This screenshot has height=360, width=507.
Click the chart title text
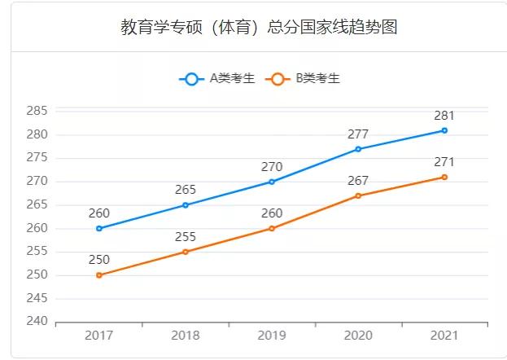click(x=259, y=27)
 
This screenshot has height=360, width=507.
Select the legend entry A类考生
click(x=217, y=79)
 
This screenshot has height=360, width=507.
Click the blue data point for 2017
click(x=99, y=229)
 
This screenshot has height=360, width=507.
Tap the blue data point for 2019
click(x=272, y=182)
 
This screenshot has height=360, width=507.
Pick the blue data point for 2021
click(x=444, y=130)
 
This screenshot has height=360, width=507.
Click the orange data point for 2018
click(x=186, y=252)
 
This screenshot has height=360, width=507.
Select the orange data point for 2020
click(x=358, y=196)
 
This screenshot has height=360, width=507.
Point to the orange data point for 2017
click(x=99, y=275)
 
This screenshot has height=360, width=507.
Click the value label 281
click(x=444, y=116)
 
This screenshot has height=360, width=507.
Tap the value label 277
click(x=358, y=134)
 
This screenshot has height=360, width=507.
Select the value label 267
click(x=358, y=181)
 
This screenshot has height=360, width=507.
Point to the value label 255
click(x=186, y=237)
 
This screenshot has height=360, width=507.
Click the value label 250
click(x=99, y=261)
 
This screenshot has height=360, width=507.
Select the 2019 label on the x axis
click(x=272, y=336)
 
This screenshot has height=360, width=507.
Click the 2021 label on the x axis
click(x=444, y=336)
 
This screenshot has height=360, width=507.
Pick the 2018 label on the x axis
click(x=186, y=336)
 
